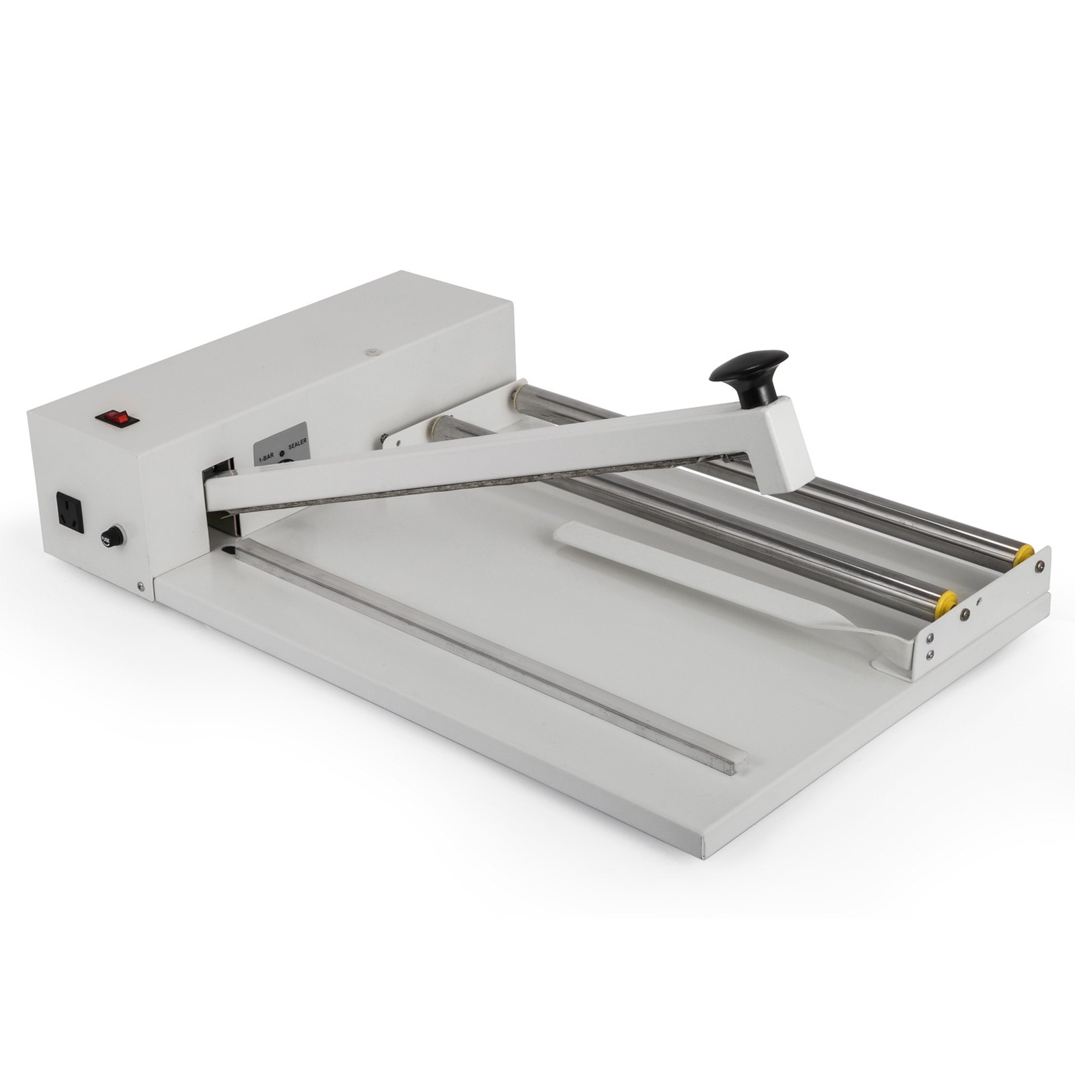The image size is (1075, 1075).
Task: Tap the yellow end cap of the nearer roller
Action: pos(947,599)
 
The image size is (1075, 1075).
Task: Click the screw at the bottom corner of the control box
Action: pos(139,587)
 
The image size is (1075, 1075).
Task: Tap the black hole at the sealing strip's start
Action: pos(232,551)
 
